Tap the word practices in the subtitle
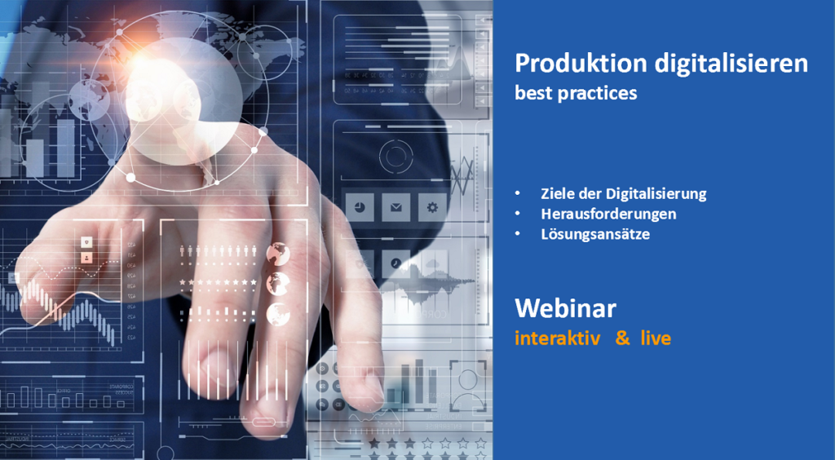598,94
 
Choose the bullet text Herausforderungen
608,214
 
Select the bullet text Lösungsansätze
595,234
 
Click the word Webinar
566,308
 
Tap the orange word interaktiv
558,338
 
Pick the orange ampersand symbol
622,338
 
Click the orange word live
656,338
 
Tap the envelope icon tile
395,207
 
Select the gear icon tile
432,207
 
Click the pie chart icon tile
360,207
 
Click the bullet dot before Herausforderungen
518,214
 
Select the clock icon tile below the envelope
395,263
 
